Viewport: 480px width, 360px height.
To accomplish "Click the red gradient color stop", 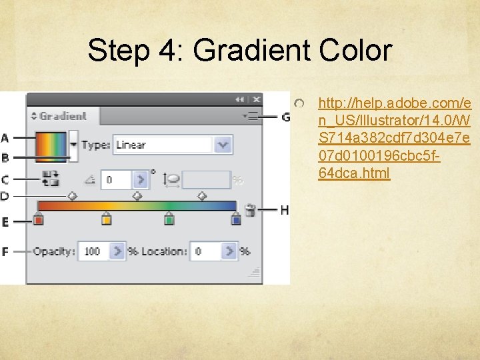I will (39, 219).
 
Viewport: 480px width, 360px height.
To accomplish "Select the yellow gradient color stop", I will (106, 219).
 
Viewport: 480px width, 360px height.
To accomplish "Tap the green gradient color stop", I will (169, 219).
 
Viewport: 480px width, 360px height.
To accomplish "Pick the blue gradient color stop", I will (235, 219).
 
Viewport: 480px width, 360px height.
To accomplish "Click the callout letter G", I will (286, 117).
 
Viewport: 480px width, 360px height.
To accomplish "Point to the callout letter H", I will (284, 210).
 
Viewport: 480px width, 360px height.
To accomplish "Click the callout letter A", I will (5, 138).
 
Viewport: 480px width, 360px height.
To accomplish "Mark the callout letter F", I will (5, 252).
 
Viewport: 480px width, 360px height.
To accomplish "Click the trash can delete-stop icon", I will (251, 210).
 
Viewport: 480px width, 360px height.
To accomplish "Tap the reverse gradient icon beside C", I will (50, 179).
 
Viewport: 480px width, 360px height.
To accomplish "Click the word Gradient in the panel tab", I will (63, 116).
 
